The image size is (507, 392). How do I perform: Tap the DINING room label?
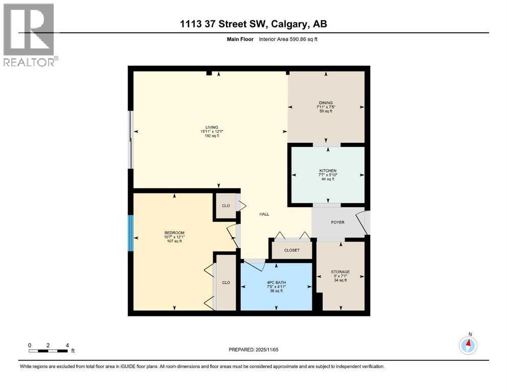(x=326, y=103)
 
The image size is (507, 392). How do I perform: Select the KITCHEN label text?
(x=327, y=170)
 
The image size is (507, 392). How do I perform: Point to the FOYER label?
(x=337, y=223)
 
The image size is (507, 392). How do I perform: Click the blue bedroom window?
(x=131, y=233)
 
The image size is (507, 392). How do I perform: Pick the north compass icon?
(x=468, y=345)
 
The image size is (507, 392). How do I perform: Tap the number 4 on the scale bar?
(x=67, y=345)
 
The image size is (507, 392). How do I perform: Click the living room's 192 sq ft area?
(x=212, y=136)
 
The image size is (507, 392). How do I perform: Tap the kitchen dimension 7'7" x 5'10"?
(x=327, y=175)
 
